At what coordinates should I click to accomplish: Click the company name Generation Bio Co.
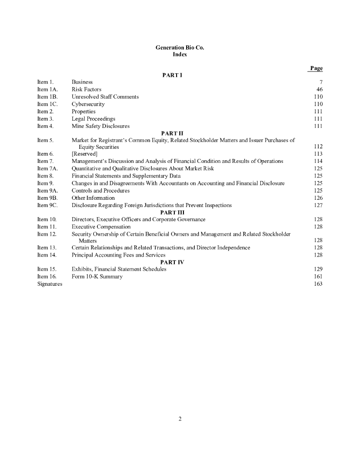[x=180, y=47]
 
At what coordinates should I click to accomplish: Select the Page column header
[x=316, y=68]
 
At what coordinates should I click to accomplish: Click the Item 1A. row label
[x=46, y=89]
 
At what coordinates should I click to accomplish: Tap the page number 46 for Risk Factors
[x=319, y=89]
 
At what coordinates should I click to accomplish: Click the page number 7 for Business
[x=320, y=82]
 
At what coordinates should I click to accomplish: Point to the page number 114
[x=318, y=161]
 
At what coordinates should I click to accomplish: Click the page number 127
[x=318, y=205]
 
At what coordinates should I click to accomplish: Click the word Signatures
[x=50, y=284]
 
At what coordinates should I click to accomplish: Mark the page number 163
[x=318, y=284]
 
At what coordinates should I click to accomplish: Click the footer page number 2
[x=180, y=419]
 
